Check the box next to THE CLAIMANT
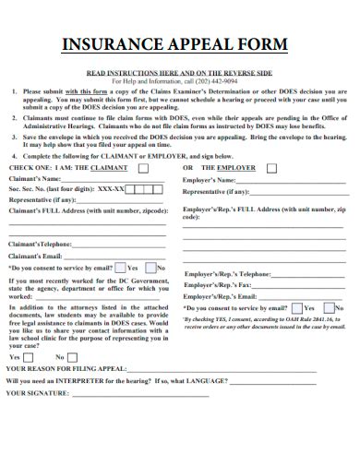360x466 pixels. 142,169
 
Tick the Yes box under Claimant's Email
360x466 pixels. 120,268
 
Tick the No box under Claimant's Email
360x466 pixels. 150,268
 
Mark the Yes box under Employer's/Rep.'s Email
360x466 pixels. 296,308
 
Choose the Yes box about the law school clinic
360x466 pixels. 28,357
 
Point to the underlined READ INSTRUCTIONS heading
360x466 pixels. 179,71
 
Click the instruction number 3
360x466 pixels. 15,135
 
